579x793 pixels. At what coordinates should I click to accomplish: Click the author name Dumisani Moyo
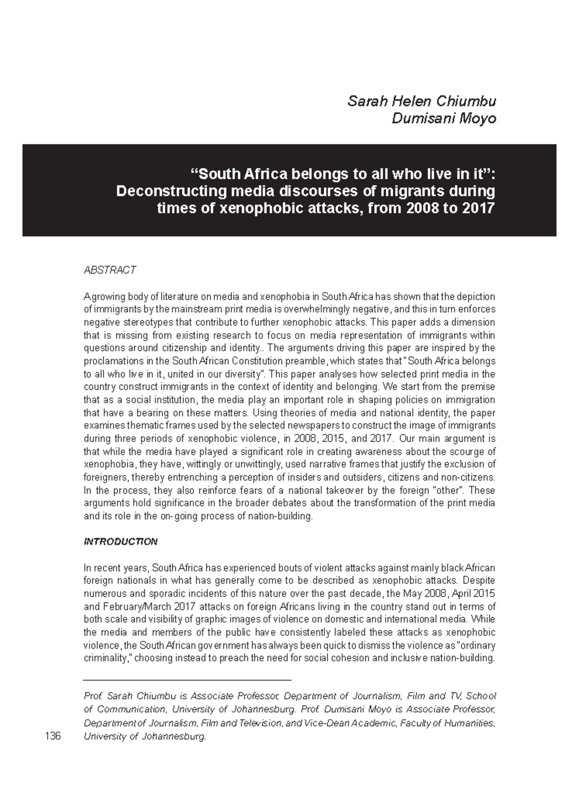(443, 119)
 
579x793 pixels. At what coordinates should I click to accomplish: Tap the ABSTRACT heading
(110, 270)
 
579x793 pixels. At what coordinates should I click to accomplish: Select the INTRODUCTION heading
(121, 542)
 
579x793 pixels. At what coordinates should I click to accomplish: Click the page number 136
(53, 736)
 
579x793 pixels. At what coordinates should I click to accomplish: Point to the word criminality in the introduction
(106, 658)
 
